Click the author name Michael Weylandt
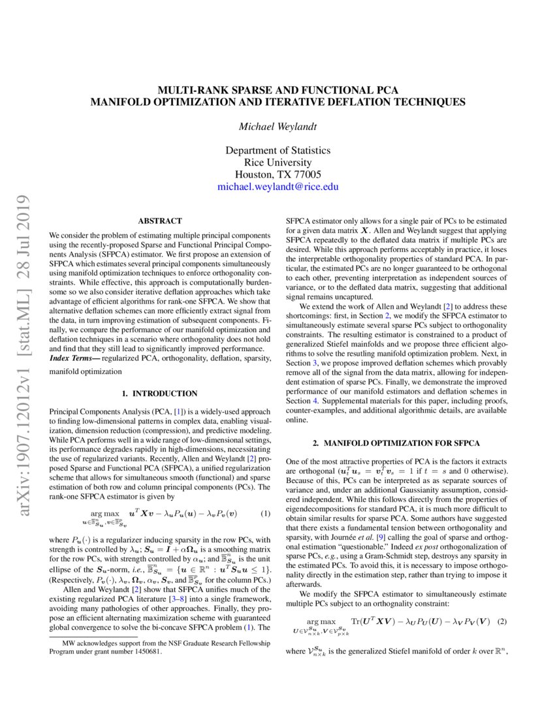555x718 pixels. coord(277,126)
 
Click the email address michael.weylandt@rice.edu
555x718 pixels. coord(277,187)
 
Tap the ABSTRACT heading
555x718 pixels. coord(160,221)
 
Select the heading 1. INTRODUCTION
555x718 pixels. coord(160,394)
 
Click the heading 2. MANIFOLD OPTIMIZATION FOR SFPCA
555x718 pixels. coord(397,443)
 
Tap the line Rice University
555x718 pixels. coord(277,162)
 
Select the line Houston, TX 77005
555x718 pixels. coord(277,174)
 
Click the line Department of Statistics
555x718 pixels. coord(277,150)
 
